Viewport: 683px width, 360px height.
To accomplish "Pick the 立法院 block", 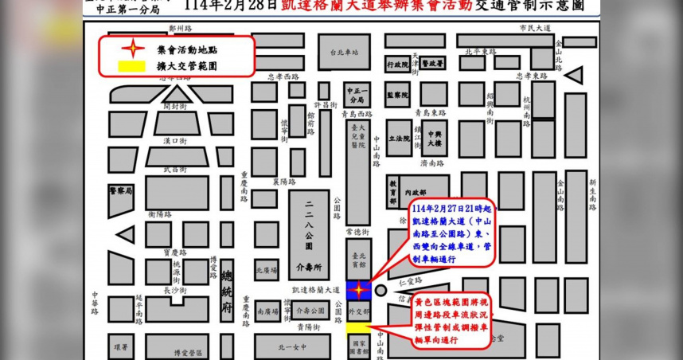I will (x=399, y=126).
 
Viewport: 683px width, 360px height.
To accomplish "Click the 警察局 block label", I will (x=121, y=191).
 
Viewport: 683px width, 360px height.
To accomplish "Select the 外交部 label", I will (x=358, y=311).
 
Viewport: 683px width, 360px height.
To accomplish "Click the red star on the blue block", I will (x=359, y=290).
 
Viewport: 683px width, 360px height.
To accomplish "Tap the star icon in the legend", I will (x=126, y=49).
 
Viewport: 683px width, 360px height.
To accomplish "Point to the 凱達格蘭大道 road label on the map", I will (x=315, y=290).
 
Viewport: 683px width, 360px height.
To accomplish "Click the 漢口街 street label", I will (x=174, y=141).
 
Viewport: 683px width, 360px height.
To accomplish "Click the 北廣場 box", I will (x=266, y=268).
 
